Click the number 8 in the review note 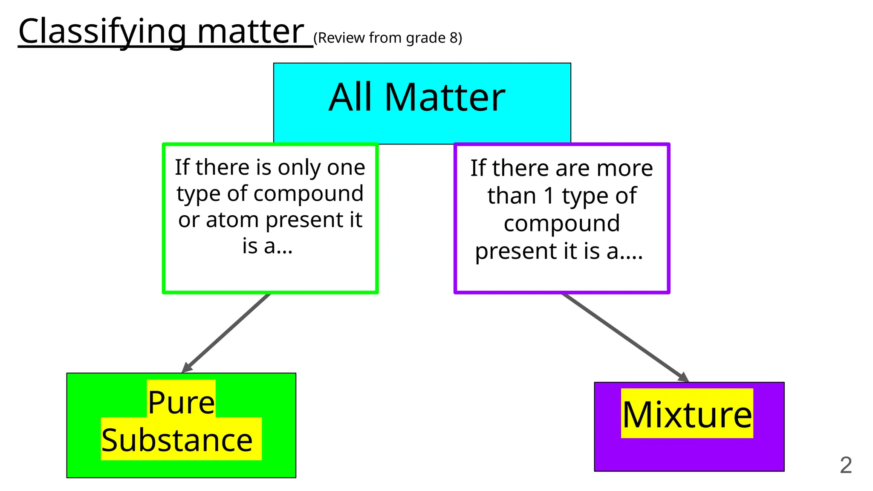pyautogui.click(x=454, y=38)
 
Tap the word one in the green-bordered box pyautogui.click(x=347, y=168)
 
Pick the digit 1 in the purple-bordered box pyautogui.click(x=549, y=196)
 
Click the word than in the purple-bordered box pyautogui.click(x=512, y=196)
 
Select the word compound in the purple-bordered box pyautogui.click(x=561, y=223)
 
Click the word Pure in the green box pyautogui.click(x=181, y=402)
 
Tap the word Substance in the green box pyautogui.click(x=177, y=440)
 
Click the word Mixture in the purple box pyautogui.click(x=687, y=414)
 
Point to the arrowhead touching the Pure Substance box pyautogui.click(x=187, y=368)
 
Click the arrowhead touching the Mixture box pyautogui.click(x=683, y=377)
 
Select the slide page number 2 pyautogui.click(x=846, y=465)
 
